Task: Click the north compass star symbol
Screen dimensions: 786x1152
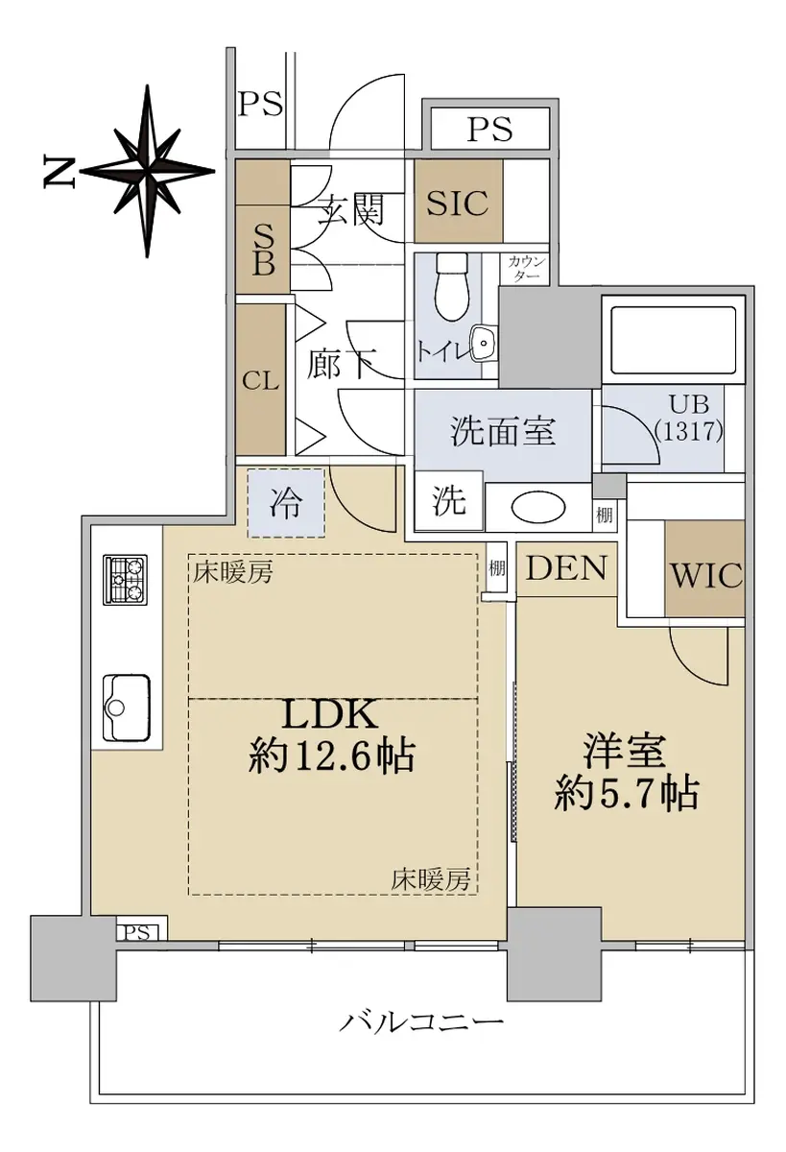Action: pyautogui.click(x=148, y=171)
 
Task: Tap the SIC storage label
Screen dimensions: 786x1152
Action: pyautogui.click(x=458, y=203)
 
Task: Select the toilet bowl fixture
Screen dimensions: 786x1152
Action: pyautogui.click(x=452, y=287)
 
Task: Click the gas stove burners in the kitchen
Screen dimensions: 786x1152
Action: pyautogui.click(x=126, y=580)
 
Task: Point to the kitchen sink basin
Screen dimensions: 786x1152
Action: pyautogui.click(x=127, y=708)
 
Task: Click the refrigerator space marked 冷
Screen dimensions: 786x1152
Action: pyautogui.click(x=286, y=503)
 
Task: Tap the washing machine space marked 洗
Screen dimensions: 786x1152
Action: pyautogui.click(x=449, y=500)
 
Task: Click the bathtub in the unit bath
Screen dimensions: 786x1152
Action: pyautogui.click(x=673, y=340)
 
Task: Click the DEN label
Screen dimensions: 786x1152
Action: pyautogui.click(x=566, y=568)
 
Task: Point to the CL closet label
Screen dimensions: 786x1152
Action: pyautogui.click(x=261, y=382)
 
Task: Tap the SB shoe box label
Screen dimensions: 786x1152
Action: pyautogui.click(x=263, y=251)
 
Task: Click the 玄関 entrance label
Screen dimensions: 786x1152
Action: pyautogui.click(x=350, y=210)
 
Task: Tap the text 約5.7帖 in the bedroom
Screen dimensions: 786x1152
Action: pyautogui.click(x=626, y=794)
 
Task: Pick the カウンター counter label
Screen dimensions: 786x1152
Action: pyautogui.click(x=527, y=269)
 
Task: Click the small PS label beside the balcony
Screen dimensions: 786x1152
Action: pyautogui.click(x=136, y=932)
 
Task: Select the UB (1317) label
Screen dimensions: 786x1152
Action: pyautogui.click(x=689, y=418)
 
